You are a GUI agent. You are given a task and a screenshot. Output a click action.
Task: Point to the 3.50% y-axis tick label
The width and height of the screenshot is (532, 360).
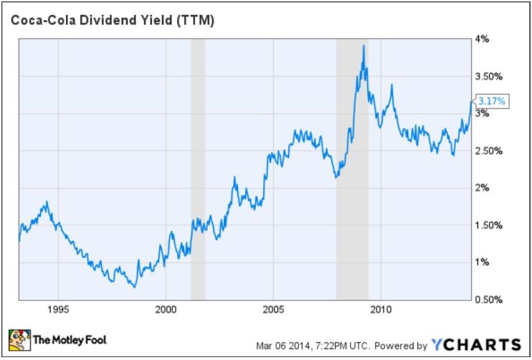point(489,76)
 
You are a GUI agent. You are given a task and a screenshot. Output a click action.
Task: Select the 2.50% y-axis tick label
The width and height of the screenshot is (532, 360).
point(489,151)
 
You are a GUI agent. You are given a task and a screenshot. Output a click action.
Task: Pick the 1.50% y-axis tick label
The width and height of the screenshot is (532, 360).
point(489,225)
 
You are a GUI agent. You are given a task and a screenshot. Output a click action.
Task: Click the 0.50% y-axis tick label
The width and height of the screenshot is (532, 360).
point(489,300)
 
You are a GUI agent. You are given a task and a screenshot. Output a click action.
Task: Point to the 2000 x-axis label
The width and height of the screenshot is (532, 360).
point(166,311)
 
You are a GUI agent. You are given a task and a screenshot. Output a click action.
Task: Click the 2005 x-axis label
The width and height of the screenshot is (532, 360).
point(273,311)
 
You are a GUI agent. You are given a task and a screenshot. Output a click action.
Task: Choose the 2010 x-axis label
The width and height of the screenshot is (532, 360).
point(380,311)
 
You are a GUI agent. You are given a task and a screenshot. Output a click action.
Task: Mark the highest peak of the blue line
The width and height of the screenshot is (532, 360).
point(364,46)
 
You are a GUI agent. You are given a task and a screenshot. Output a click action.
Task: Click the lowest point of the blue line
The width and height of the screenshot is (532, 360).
point(134,287)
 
